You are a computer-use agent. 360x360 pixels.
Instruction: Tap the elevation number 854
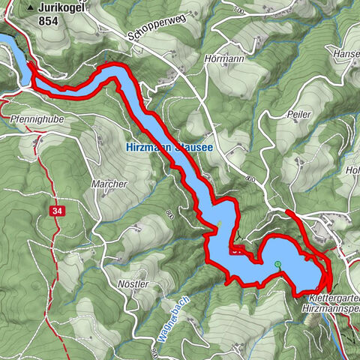click(x=49, y=22)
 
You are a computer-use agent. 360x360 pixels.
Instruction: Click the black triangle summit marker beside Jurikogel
click(x=30, y=8)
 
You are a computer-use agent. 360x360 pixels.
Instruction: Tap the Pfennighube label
click(x=35, y=118)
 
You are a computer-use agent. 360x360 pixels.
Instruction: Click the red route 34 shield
click(x=58, y=211)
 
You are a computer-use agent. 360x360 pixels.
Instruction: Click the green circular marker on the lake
click(x=277, y=264)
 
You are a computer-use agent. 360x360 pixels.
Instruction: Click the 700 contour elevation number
click(x=239, y=11)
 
